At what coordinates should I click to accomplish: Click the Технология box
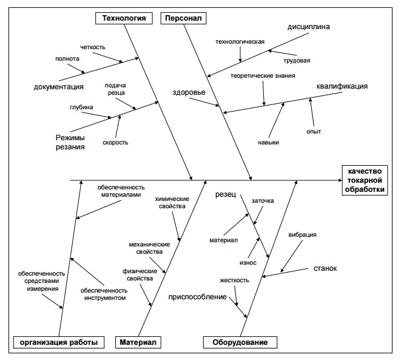(x=123, y=18)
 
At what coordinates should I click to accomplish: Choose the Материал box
(x=137, y=342)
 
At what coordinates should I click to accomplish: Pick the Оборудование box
(x=240, y=342)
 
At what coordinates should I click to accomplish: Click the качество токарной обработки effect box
(x=366, y=180)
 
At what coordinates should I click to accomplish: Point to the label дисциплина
(x=309, y=27)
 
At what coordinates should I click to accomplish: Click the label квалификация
(x=342, y=86)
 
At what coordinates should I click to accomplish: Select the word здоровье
(x=189, y=93)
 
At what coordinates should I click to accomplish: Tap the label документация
(x=59, y=87)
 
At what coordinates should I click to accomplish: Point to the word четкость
(x=92, y=47)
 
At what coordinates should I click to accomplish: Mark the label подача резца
(x=115, y=89)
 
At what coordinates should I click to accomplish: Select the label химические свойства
(x=172, y=203)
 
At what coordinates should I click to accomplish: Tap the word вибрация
(x=302, y=234)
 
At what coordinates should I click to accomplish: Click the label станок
(x=325, y=268)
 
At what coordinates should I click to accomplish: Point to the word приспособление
(x=198, y=297)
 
